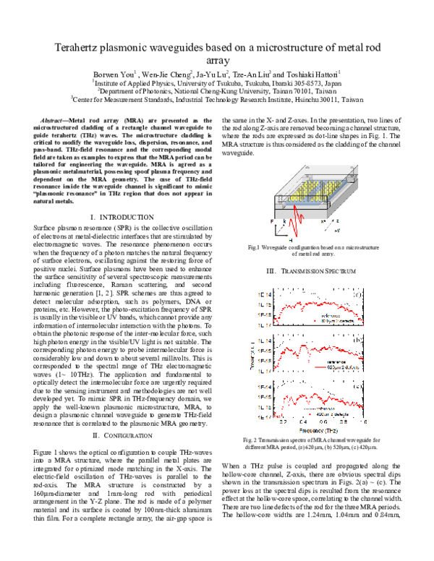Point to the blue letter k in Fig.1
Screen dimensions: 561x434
(x=287, y=218)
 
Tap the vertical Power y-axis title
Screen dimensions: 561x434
(x=247, y=354)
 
